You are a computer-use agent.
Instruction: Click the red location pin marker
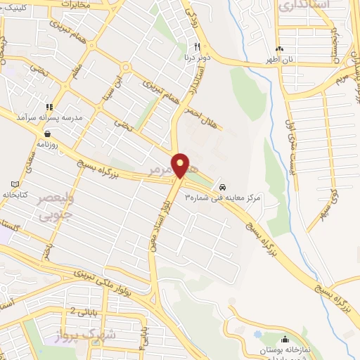pyautogui.click(x=181, y=166)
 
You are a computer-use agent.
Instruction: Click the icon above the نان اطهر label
pyautogui.click(x=281, y=49)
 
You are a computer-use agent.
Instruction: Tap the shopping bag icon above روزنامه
pyautogui.click(x=47, y=132)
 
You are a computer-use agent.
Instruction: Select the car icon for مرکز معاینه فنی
pyautogui.click(x=222, y=188)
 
